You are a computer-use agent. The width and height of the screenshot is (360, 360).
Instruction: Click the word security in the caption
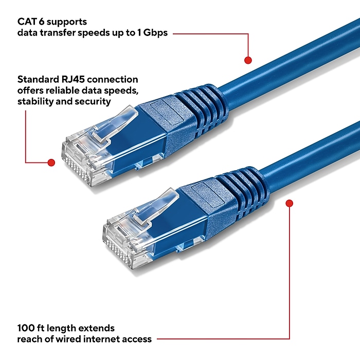point(93,101)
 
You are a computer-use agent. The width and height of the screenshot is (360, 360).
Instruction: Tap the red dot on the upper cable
point(248,60)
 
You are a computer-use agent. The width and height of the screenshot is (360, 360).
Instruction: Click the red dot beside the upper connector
point(51,163)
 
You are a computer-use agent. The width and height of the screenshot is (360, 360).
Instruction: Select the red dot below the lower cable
point(289,204)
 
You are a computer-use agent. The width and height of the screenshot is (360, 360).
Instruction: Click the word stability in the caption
point(34,101)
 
